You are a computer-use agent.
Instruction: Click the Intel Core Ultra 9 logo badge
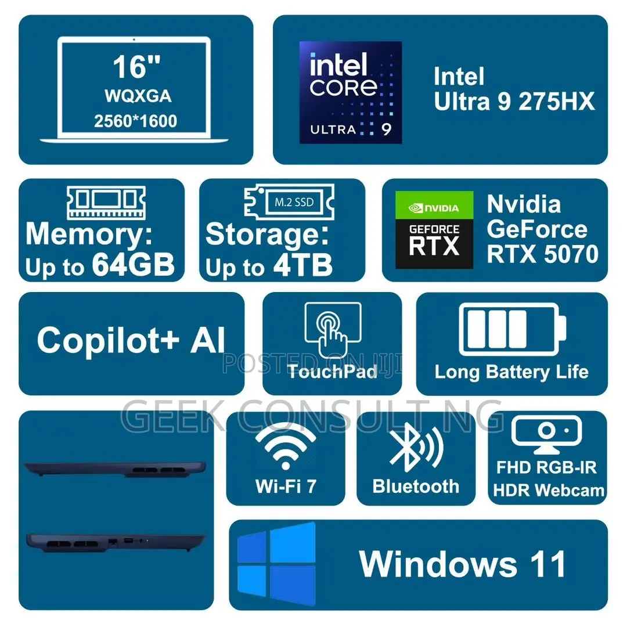pos(351,92)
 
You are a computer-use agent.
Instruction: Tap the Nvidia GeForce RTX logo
pos(434,229)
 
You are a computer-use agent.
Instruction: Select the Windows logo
pos(276,563)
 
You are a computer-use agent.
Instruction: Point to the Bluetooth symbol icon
pos(416,447)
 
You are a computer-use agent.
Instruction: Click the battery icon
pos(513,330)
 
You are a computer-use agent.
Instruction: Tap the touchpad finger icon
pos(333,330)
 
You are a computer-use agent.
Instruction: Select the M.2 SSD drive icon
pos(290,202)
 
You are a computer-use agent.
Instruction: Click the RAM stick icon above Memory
pos(106,203)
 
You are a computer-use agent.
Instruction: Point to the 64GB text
pos(133,264)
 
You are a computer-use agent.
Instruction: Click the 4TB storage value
pos(303,265)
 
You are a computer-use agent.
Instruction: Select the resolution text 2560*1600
pos(135,121)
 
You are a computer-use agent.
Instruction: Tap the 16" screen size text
pos(136,67)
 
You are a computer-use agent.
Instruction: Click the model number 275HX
pos(557,102)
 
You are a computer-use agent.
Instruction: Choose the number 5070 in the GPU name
pos(571,254)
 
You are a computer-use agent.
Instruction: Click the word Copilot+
pos(108,340)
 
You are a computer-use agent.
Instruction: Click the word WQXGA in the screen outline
pos(138,96)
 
